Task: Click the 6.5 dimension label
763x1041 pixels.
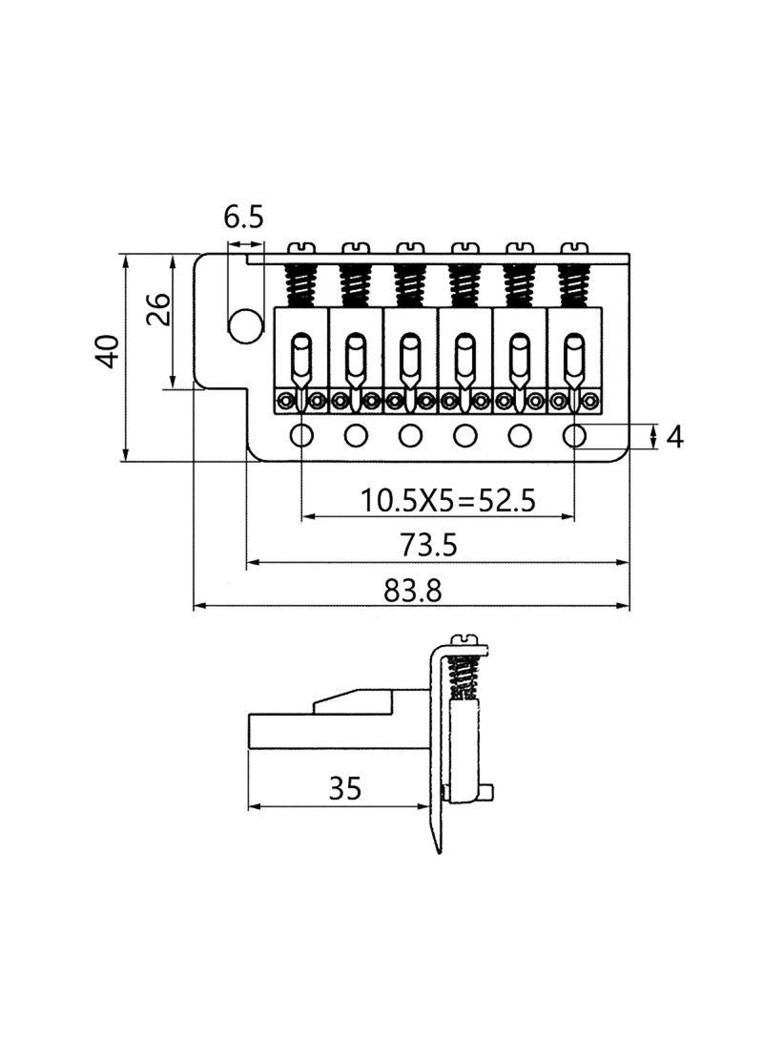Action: [243, 218]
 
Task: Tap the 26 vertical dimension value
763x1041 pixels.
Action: [158, 308]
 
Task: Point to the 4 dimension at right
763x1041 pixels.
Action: [675, 437]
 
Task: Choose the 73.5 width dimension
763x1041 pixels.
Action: [431, 545]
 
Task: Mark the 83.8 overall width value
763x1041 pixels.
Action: [412, 591]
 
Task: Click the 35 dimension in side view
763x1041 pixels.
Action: [344, 788]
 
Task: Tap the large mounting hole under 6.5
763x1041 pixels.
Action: [244, 325]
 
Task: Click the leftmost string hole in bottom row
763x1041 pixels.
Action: [301, 436]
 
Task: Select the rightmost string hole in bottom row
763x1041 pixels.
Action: [574, 436]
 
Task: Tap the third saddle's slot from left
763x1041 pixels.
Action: [409, 355]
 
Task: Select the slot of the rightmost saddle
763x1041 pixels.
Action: [573, 355]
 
